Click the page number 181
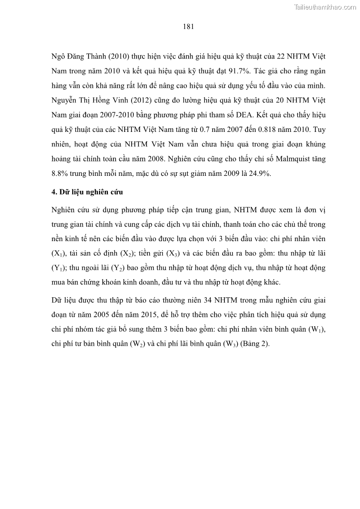(189, 27)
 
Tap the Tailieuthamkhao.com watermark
(325, 7)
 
